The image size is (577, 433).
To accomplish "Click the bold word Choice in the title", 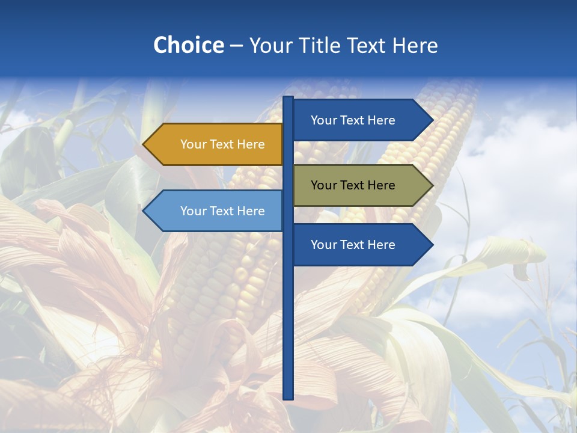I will coord(188,45).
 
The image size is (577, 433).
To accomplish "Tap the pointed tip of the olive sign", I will coord(432,185).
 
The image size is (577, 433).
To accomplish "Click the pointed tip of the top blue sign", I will coord(432,120).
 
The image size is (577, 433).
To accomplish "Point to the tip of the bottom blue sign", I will coord(432,245).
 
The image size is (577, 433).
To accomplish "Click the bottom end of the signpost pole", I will coord(288,397).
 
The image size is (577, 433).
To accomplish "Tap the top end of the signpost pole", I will coord(288,99).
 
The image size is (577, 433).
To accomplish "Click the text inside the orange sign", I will coord(222,144).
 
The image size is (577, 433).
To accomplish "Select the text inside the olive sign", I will coord(353,185).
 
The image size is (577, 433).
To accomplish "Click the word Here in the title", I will coord(415,45).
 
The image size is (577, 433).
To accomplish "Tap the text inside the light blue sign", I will coord(222,211).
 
